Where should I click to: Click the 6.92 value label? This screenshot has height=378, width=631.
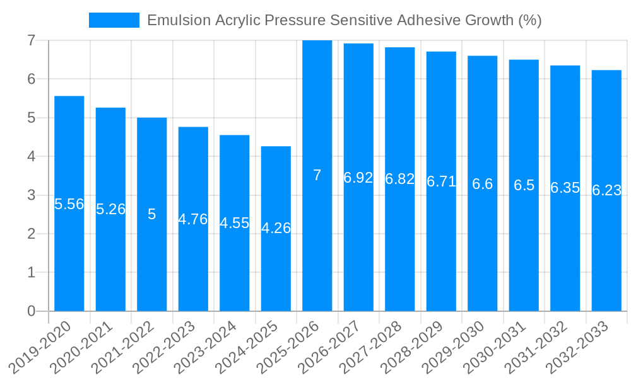(358, 178)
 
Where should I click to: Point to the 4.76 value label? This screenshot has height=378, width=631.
(193, 219)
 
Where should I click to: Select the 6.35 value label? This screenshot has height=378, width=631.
(565, 188)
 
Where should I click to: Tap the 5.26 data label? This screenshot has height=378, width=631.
(110, 209)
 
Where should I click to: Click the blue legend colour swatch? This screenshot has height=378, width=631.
(114, 20)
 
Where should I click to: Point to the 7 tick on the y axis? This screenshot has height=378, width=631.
(31, 40)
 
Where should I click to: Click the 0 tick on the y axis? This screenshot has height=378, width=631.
(31, 311)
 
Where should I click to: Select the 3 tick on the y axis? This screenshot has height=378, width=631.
(31, 195)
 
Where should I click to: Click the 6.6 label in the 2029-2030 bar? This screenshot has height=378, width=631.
(482, 184)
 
